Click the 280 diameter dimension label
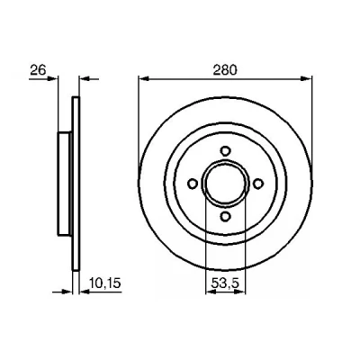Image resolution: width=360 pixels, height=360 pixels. (225, 70)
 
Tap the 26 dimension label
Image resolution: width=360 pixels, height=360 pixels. (39, 70)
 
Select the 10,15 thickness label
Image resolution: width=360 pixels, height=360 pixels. (105, 283)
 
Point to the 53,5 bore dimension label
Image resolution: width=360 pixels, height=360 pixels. (225, 283)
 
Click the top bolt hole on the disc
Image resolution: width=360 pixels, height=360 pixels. (225, 150)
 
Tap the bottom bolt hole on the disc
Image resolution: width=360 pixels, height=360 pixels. (225, 216)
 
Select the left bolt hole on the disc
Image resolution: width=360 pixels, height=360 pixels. (193, 184)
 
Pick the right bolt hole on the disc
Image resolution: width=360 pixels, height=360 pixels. (258, 184)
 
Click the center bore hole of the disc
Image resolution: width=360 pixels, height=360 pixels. (225, 184)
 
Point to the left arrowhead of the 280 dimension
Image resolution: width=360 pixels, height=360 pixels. (144, 79)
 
